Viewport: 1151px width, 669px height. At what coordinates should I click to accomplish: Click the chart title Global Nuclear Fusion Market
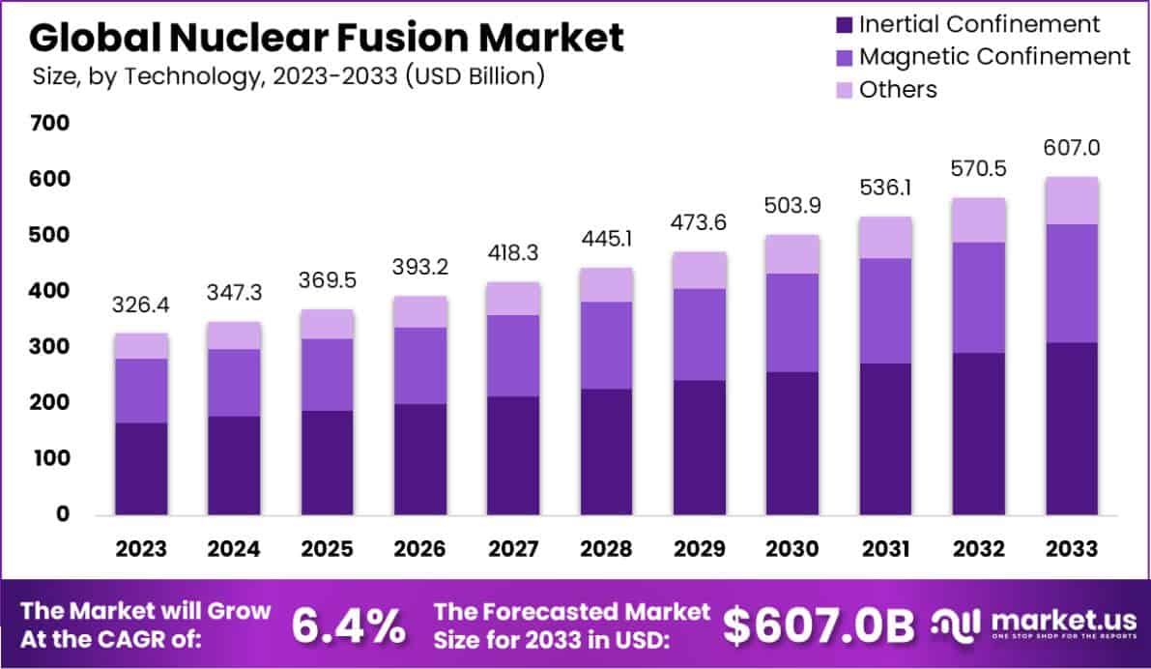(x=327, y=37)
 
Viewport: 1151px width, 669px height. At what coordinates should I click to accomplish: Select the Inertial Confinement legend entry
(x=979, y=23)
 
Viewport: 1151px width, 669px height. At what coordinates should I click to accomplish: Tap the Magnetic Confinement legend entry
(x=993, y=56)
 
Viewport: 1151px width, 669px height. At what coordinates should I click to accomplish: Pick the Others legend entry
(x=898, y=89)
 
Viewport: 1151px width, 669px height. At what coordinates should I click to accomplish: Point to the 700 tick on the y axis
(x=50, y=124)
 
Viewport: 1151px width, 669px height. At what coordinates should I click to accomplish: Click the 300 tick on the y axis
(x=50, y=346)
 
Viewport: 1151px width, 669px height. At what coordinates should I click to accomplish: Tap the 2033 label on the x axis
(x=1071, y=549)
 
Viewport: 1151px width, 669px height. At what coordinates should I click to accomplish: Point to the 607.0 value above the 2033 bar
(x=1071, y=149)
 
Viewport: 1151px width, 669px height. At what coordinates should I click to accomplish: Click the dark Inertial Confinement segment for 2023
(x=140, y=468)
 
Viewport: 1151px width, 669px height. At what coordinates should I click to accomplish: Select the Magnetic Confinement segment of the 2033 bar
(x=1071, y=283)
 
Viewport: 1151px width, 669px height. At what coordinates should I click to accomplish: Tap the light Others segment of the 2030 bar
(x=791, y=254)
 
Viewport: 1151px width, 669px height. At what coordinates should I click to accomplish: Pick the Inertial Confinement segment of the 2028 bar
(x=605, y=451)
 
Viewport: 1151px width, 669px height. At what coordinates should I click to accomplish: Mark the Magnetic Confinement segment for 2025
(x=326, y=374)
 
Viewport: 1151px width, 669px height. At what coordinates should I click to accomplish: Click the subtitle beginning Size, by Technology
(x=288, y=75)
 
